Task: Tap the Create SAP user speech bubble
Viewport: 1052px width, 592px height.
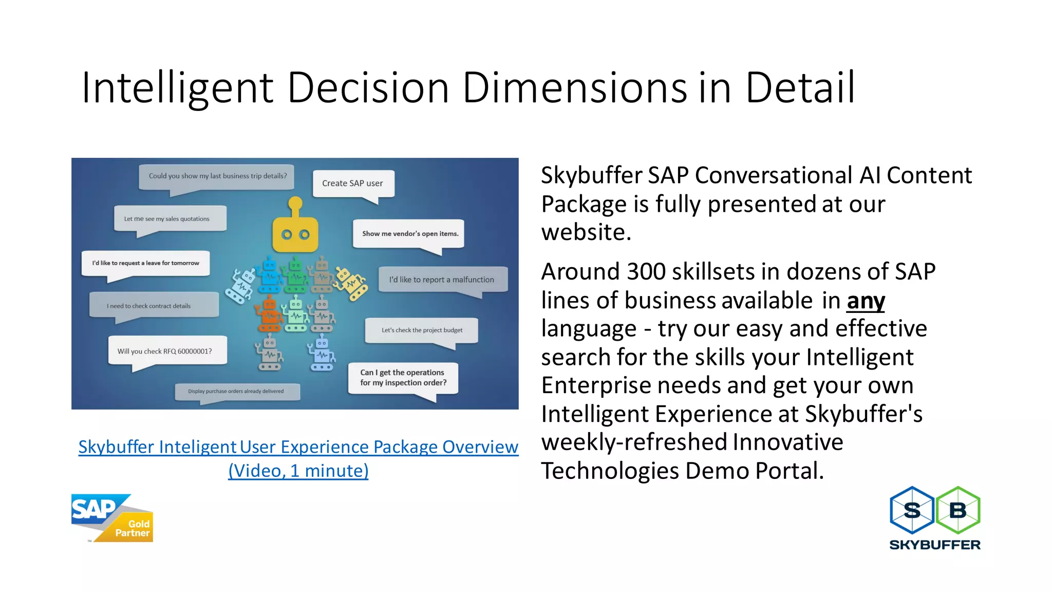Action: [353, 183]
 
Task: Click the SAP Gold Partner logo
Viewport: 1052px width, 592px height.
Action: [112, 518]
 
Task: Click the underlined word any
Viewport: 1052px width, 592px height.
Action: [866, 301]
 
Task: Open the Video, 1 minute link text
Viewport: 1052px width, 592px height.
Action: [298, 471]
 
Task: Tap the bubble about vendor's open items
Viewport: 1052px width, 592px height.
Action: [409, 234]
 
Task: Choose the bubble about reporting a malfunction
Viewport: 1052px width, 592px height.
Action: [442, 280]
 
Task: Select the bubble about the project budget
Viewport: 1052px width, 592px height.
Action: [422, 330]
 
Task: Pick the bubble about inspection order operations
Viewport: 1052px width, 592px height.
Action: [403, 378]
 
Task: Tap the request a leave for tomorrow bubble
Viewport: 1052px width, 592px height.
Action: [145, 263]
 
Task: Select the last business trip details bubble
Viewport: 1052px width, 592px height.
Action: [218, 176]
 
